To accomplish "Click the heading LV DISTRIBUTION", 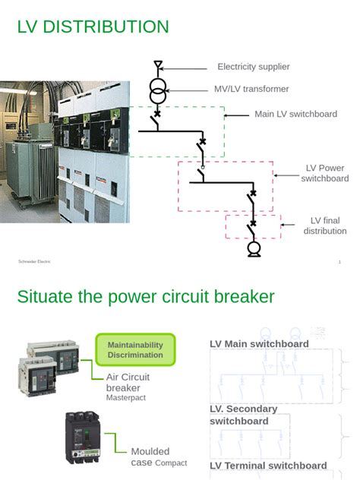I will click(x=93, y=27).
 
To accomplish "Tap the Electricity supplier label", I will click(x=253, y=67).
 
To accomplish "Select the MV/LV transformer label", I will click(x=251, y=89).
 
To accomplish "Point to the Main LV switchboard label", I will click(x=295, y=115).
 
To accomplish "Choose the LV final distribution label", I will click(x=325, y=226).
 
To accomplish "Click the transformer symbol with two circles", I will click(x=157, y=93).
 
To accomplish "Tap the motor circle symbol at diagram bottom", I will click(x=254, y=248).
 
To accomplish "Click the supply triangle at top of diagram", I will click(x=157, y=66).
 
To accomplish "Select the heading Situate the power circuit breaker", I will click(x=145, y=296).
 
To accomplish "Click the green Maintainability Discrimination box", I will click(x=135, y=350).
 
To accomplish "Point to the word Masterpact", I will click(x=125, y=397).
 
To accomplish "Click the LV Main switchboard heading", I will click(x=259, y=344).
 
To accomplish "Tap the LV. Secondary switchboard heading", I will click(x=244, y=415).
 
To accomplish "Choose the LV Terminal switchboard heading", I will click(x=268, y=466).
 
